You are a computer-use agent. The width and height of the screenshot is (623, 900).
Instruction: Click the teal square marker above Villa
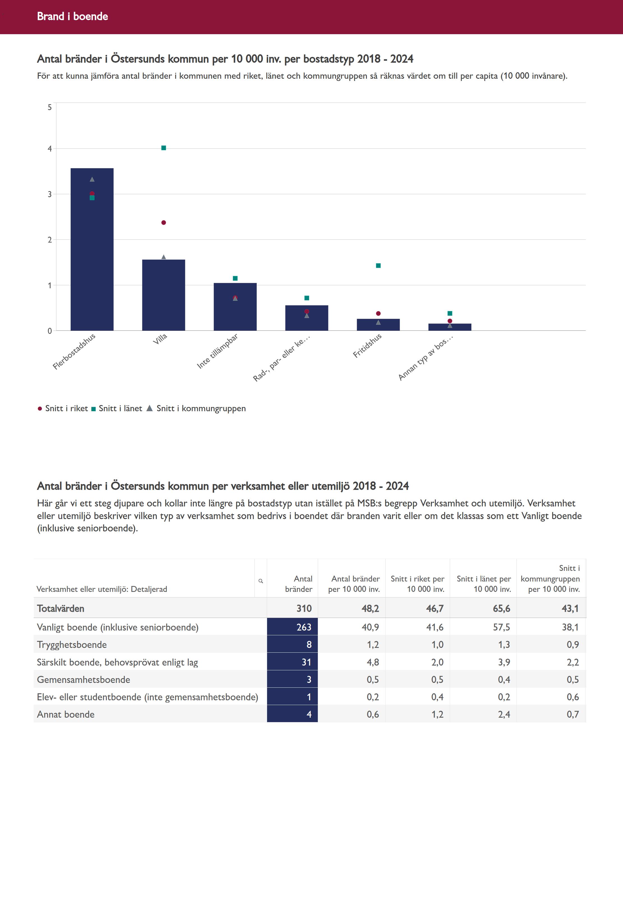pyautogui.click(x=164, y=148)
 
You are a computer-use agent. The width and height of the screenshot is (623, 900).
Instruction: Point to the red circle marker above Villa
pyautogui.click(x=164, y=223)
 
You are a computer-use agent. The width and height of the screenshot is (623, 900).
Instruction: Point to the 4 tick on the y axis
pyautogui.click(x=50, y=149)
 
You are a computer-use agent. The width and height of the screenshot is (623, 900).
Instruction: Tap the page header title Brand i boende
pyautogui.click(x=73, y=16)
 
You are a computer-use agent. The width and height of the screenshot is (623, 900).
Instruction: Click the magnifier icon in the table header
pyautogui.click(x=261, y=581)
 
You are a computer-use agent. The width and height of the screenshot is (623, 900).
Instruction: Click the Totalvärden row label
pyautogui.click(x=61, y=609)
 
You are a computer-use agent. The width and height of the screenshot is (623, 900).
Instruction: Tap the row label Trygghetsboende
pyautogui.click(x=72, y=645)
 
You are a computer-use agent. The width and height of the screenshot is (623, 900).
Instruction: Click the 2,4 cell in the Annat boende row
pyautogui.click(x=504, y=715)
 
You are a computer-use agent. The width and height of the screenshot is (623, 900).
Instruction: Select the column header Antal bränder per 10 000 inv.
pyautogui.click(x=354, y=584)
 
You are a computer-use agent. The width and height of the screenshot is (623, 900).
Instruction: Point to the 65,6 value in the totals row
pyautogui.click(x=501, y=609)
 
